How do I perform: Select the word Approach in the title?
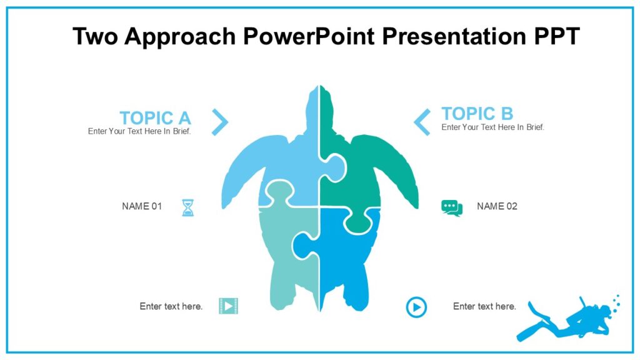182,36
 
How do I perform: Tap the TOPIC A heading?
155,117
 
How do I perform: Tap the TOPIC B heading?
477,113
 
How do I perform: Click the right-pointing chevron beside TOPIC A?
220,122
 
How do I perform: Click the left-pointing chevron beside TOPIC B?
422,122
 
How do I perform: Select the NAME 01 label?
142,206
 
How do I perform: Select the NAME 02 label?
497,206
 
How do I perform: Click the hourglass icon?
187,207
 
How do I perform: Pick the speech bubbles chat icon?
451,208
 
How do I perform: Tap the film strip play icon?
229,306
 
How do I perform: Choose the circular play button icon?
416,307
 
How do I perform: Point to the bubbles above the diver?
616,302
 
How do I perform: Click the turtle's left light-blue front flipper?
247,169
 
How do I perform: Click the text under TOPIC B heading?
492,127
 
